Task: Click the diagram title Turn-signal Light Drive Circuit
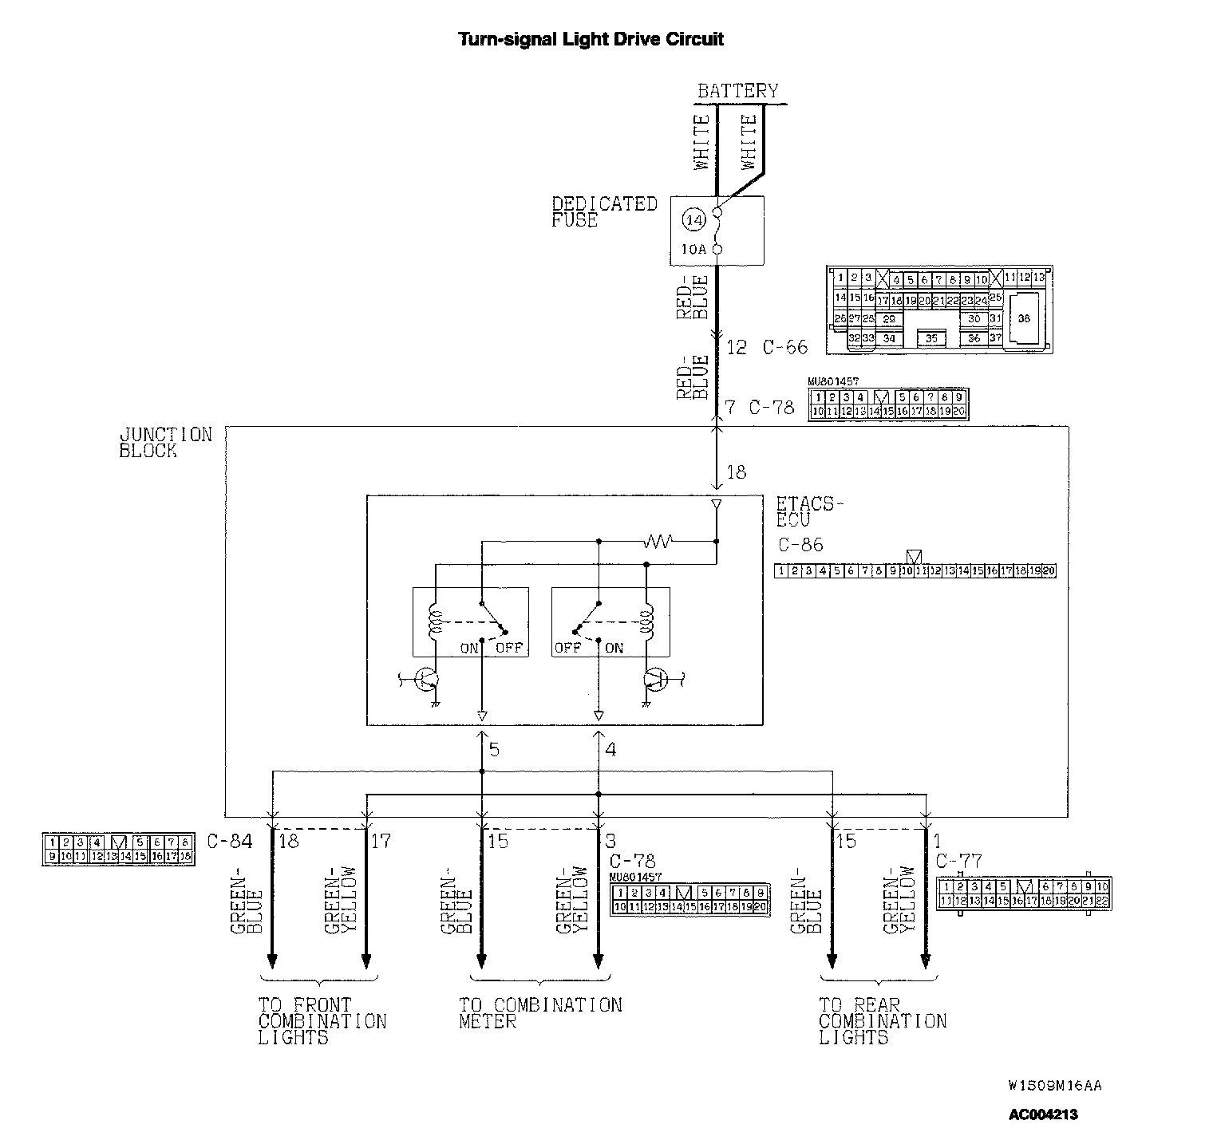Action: (x=591, y=39)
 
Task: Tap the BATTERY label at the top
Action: (x=737, y=91)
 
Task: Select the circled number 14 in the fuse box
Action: (x=693, y=219)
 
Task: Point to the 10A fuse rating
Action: (x=693, y=250)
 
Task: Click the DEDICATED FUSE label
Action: (x=604, y=211)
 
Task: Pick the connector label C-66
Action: (x=784, y=347)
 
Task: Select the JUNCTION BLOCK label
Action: (x=165, y=442)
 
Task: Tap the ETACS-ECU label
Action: (x=808, y=511)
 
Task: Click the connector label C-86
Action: (x=800, y=545)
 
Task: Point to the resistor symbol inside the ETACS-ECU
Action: (x=658, y=542)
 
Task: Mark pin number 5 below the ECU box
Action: (x=494, y=750)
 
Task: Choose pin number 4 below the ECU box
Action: (x=610, y=750)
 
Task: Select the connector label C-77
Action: (x=958, y=862)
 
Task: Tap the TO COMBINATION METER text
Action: (x=539, y=1013)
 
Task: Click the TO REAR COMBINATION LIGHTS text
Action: (x=882, y=1021)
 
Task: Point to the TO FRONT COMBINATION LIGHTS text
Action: (x=322, y=1021)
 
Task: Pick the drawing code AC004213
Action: (x=1043, y=1114)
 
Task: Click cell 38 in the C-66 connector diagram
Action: (x=1024, y=318)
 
